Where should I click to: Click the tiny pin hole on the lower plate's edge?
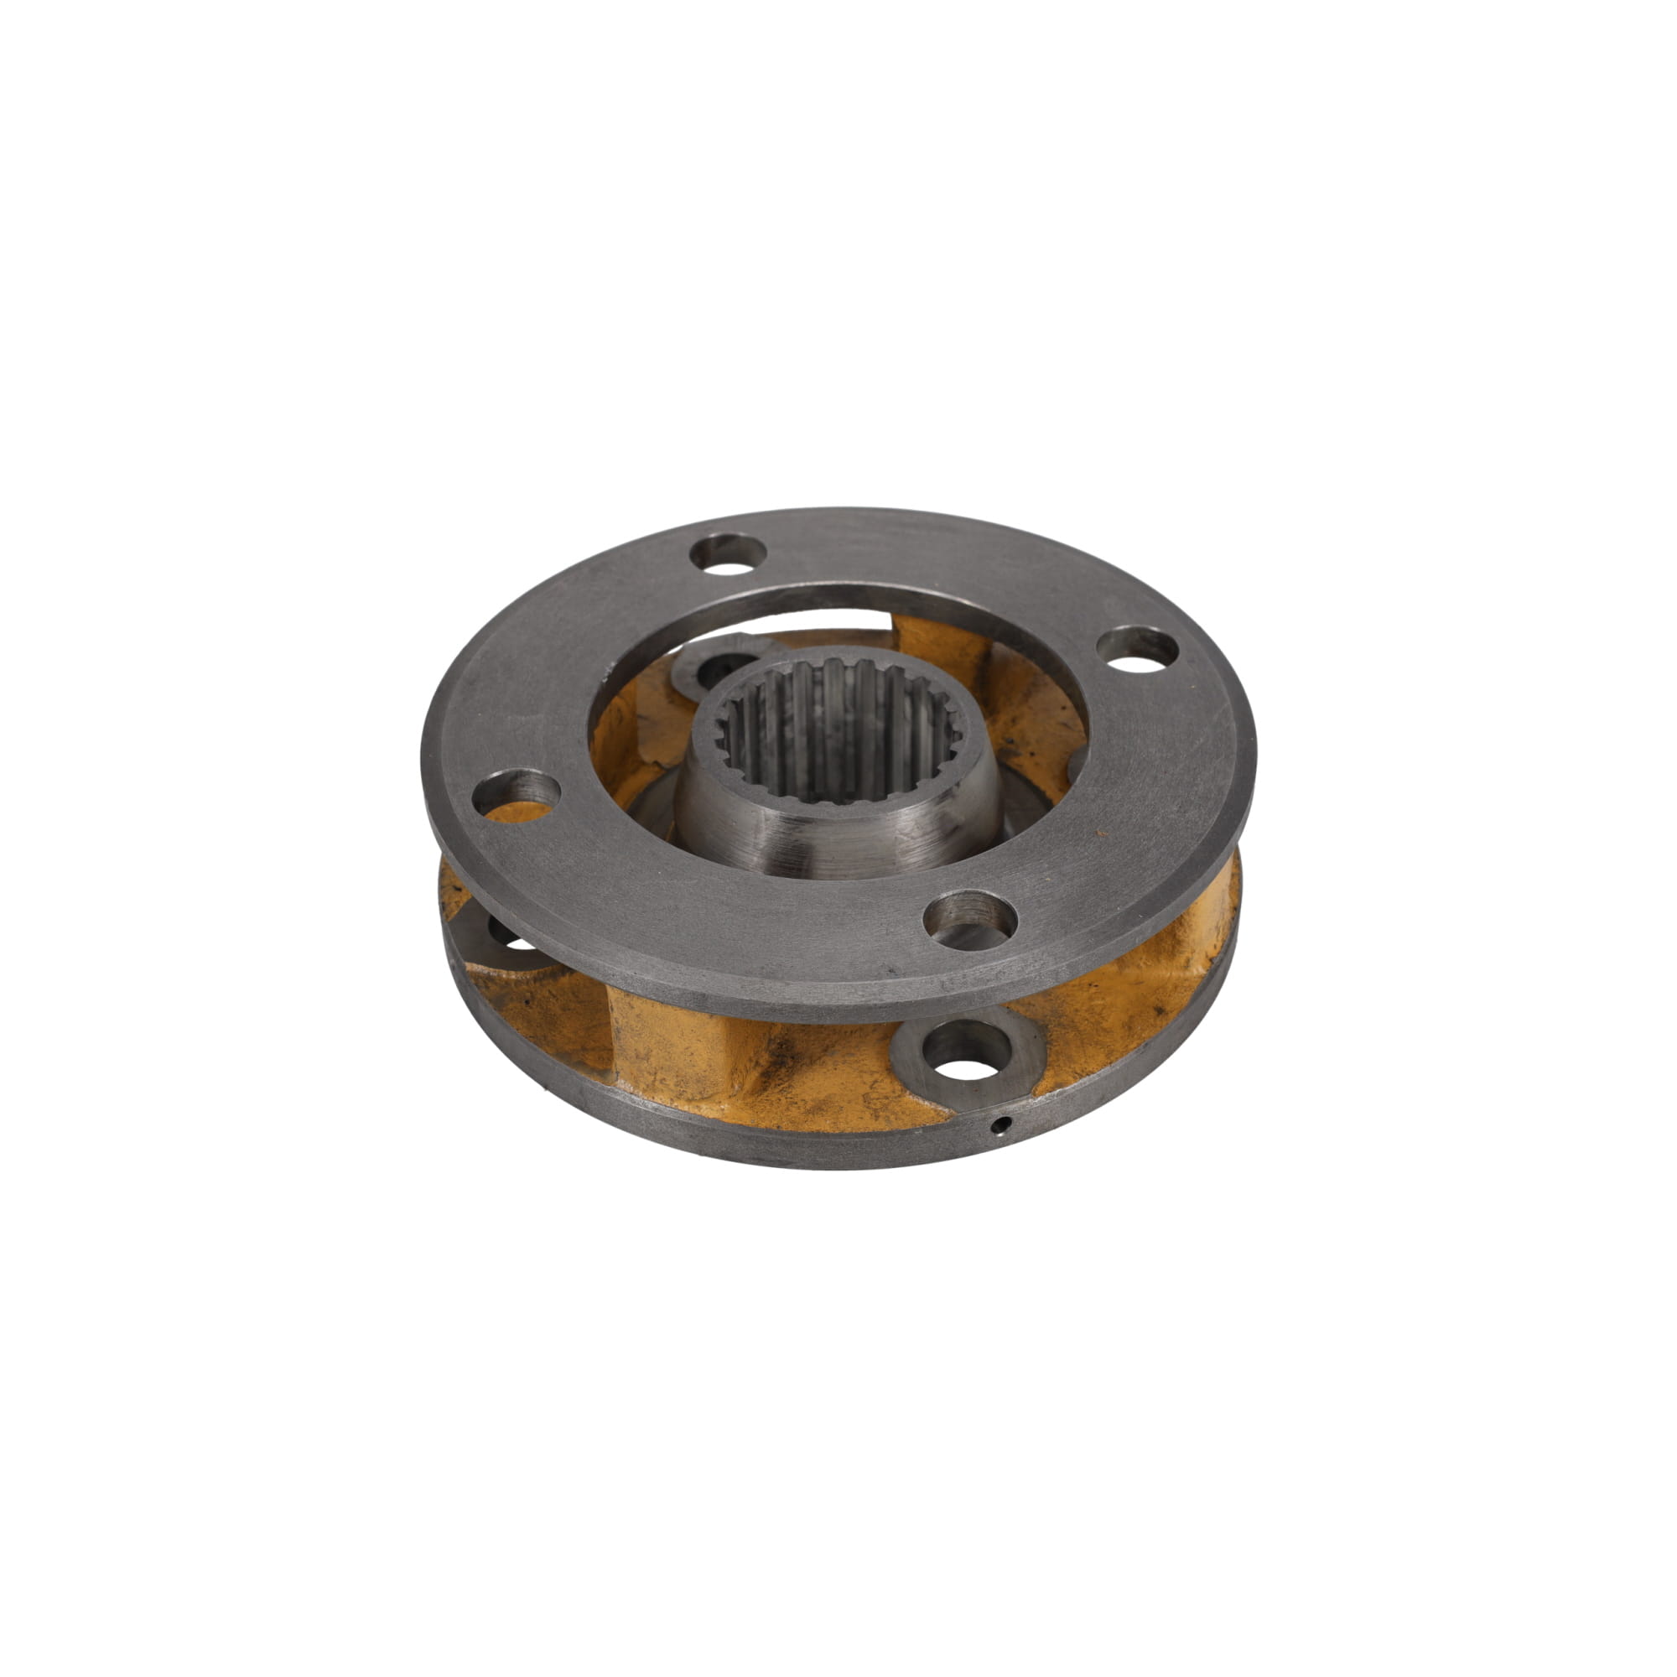[1004, 1126]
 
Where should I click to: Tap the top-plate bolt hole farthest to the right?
[1137, 649]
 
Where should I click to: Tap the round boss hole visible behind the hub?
[719, 667]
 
